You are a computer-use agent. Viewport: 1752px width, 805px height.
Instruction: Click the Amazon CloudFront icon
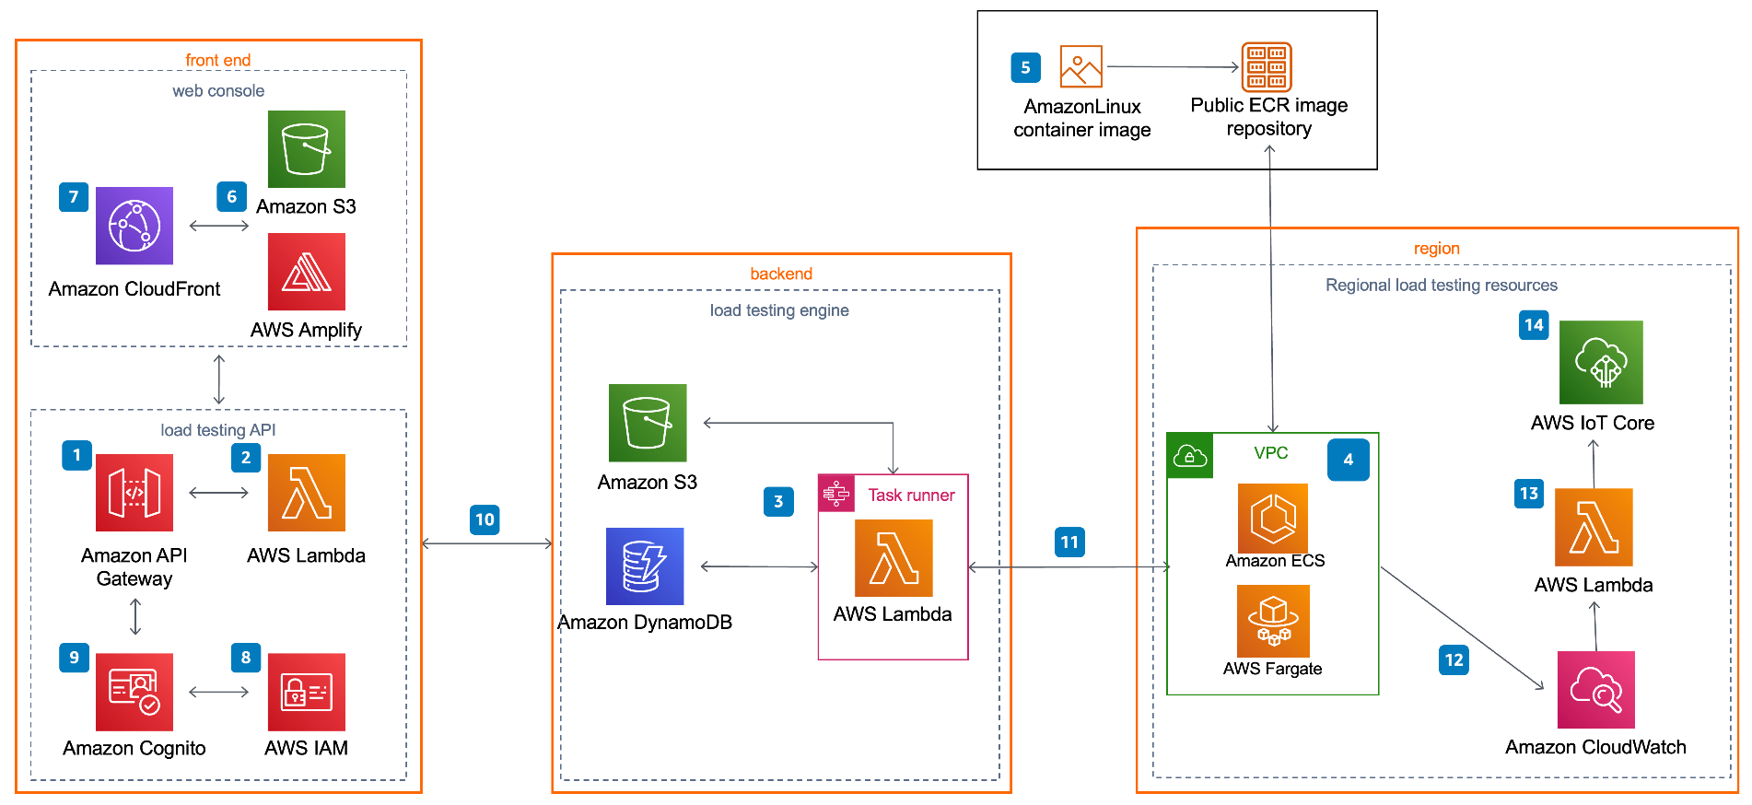pos(134,226)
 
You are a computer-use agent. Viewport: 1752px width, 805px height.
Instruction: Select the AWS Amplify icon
pos(307,272)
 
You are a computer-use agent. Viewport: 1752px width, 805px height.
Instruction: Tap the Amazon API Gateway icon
pos(134,493)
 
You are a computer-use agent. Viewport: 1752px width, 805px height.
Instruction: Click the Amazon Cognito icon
pos(134,692)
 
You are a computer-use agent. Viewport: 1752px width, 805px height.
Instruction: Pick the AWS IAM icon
pos(307,692)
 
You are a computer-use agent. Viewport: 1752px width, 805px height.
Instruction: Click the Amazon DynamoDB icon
pos(645,566)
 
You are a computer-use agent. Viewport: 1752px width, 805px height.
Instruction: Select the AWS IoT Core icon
pos(1601,362)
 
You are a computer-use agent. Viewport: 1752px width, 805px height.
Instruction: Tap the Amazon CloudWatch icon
pos(1596,690)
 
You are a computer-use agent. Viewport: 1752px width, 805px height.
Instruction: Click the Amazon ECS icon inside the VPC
pos(1273,519)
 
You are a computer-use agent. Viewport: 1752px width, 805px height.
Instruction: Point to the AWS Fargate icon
pos(1273,622)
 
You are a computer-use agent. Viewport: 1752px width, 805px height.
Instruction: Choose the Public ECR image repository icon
pos(1267,67)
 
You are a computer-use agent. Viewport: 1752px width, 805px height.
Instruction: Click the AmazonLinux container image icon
pos(1081,67)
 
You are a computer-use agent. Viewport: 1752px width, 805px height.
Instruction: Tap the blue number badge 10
pos(485,519)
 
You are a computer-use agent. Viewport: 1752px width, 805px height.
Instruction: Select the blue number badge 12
pos(1454,659)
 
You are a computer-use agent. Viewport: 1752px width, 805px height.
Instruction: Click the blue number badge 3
pos(778,501)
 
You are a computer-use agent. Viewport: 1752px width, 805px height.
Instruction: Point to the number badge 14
pos(1534,324)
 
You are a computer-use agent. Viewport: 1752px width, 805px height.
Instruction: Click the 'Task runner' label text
pos(911,495)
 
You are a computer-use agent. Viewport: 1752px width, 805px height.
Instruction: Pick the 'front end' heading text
pos(218,60)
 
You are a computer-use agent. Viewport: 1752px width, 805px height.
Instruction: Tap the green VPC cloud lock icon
pos(1190,456)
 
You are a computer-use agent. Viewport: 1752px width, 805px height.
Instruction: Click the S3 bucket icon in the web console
pos(307,149)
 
